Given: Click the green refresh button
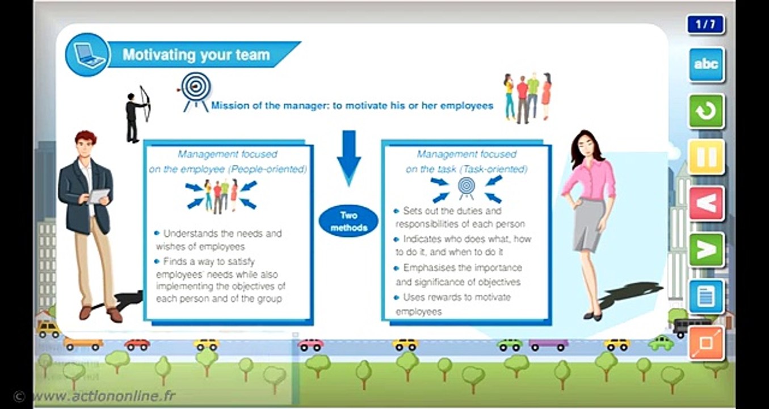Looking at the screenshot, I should coord(707,111).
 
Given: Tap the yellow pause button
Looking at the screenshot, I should coord(707,157).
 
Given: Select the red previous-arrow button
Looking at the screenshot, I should coord(707,203).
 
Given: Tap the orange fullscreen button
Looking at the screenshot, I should coord(707,343).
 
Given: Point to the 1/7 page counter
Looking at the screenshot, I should coord(705,25).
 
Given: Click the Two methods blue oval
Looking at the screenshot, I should coord(348,222).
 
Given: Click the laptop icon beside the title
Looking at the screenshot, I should coord(87,55).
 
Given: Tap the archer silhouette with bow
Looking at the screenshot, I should coord(136,112).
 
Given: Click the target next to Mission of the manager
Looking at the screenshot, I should coord(196,90).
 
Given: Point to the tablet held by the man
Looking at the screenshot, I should coord(98,197).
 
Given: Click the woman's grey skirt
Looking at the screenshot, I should coord(588,224).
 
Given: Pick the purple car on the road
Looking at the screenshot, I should coord(548,344).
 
